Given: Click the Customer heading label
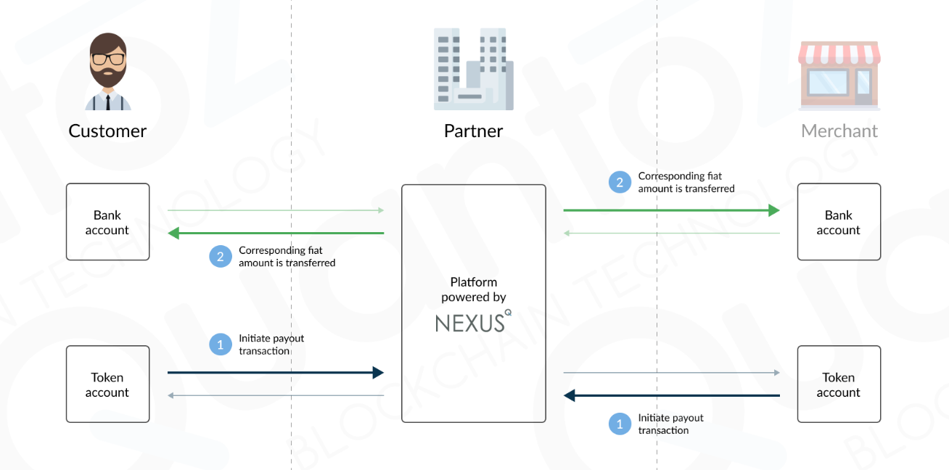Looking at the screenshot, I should tap(107, 131).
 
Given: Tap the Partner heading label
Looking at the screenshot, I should tap(473, 131).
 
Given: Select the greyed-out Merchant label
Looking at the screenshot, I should tap(839, 131).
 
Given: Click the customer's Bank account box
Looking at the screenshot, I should tap(107, 222).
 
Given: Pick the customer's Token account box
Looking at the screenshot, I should tap(107, 384).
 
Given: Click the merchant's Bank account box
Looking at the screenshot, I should tap(839, 222).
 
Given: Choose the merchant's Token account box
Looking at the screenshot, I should tap(839, 384).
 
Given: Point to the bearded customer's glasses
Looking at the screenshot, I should tap(107, 59).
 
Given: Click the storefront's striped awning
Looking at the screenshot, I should tap(839, 53).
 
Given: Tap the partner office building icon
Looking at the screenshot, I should tap(473, 70).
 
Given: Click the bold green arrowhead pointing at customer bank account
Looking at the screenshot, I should tap(174, 233).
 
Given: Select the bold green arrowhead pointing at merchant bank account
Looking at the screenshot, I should tap(773, 210).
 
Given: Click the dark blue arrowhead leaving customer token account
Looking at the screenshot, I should tap(377, 373).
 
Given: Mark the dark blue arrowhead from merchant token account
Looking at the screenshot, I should tap(570, 395).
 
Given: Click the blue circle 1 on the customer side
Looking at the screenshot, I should tap(221, 345).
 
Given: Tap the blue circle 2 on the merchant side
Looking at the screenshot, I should tap(620, 182).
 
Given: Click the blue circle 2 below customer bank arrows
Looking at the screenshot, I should tap(221, 256).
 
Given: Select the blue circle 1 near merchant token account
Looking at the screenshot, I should tap(620, 424).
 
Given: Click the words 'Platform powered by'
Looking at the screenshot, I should tap(473, 289).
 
